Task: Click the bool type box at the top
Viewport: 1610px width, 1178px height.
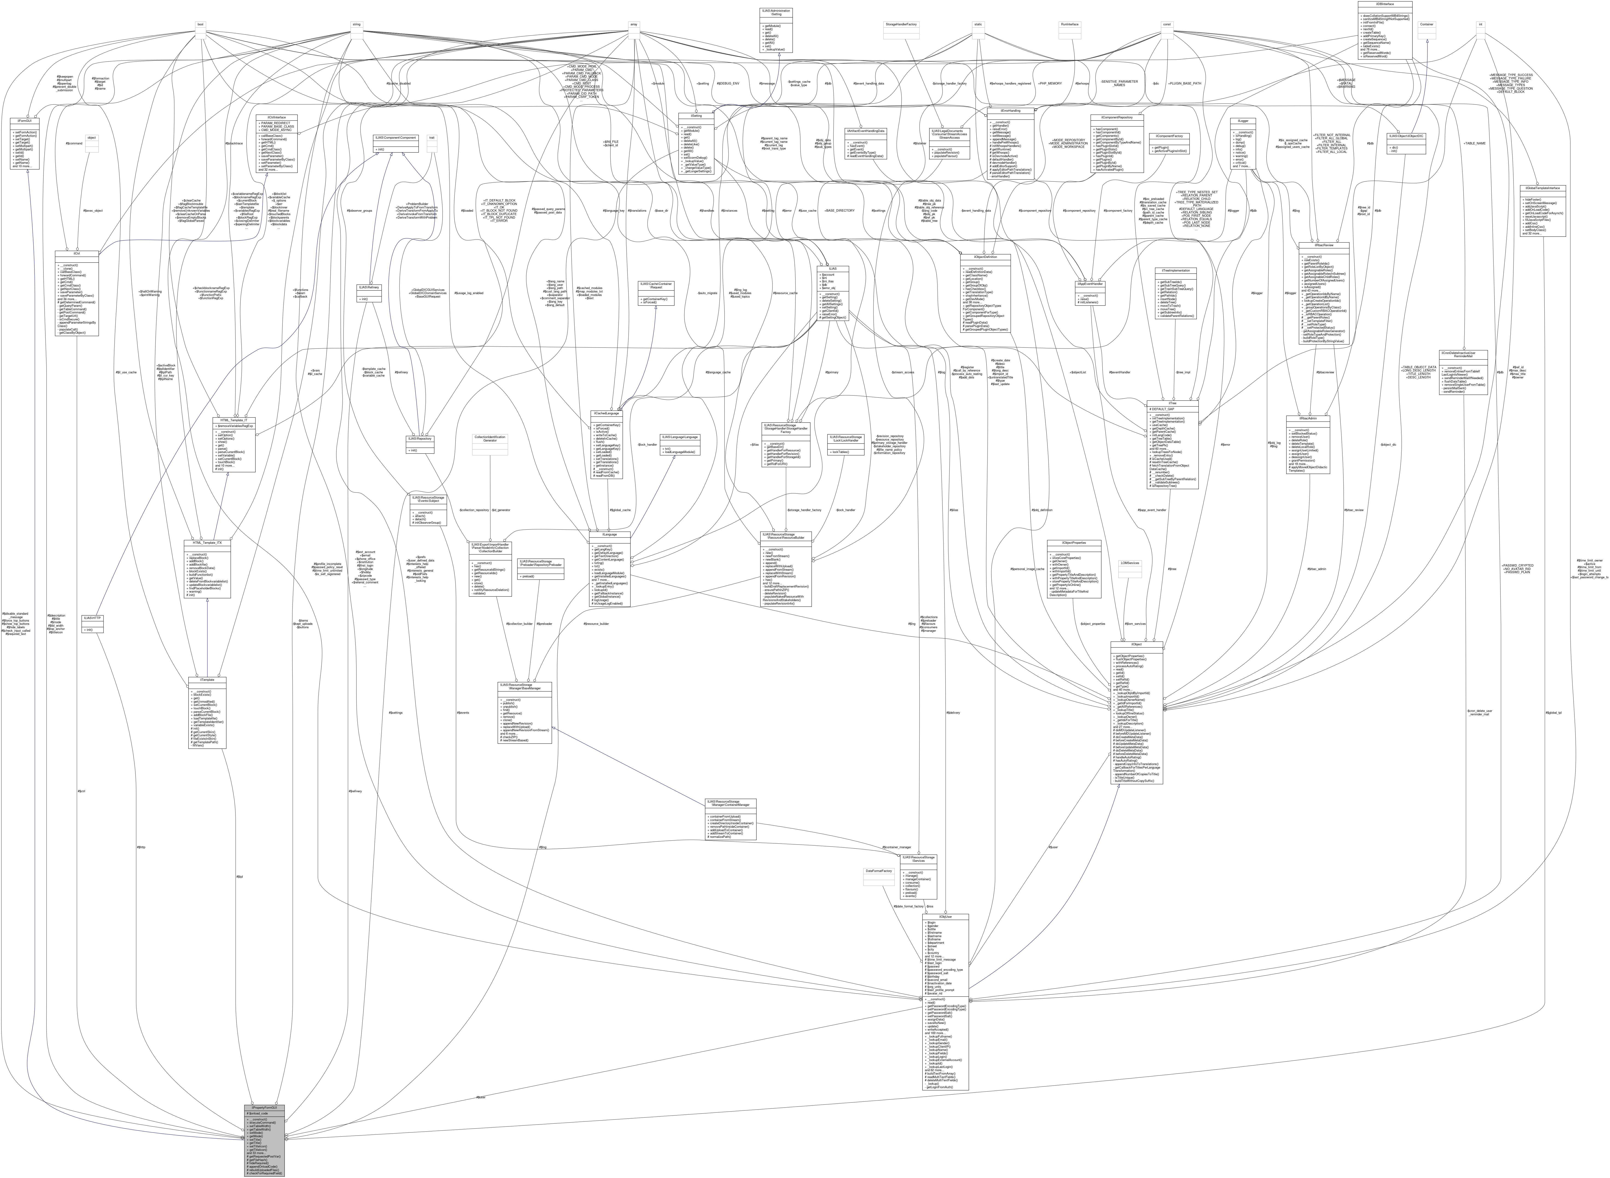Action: click(x=201, y=24)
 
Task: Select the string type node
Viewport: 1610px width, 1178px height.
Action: click(x=356, y=24)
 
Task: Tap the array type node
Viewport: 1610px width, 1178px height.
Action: click(x=633, y=24)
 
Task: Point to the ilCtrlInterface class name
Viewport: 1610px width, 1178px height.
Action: click(x=277, y=118)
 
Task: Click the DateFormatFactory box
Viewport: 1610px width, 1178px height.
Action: click(x=878, y=871)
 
